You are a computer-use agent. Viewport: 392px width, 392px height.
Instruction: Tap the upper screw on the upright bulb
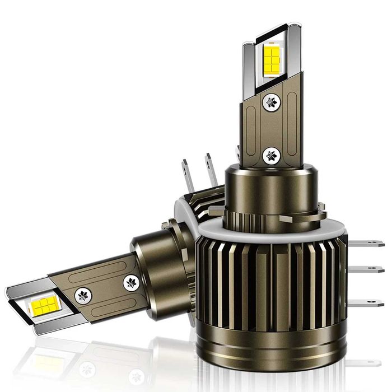pyautogui.click(x=272, y=102)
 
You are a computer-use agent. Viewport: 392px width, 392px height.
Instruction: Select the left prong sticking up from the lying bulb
pyautogui.click(x=188, y=174)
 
